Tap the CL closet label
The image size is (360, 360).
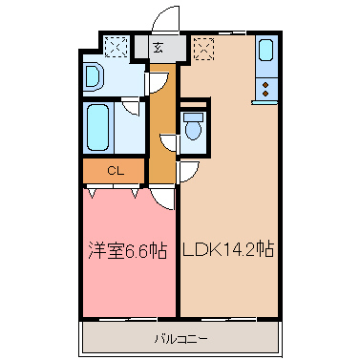point(112,172)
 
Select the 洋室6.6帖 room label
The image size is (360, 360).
point(127,251)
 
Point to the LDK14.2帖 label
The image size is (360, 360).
point(229,251)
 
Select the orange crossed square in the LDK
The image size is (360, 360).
point(202,46)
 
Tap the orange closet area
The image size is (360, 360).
point(112,172)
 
